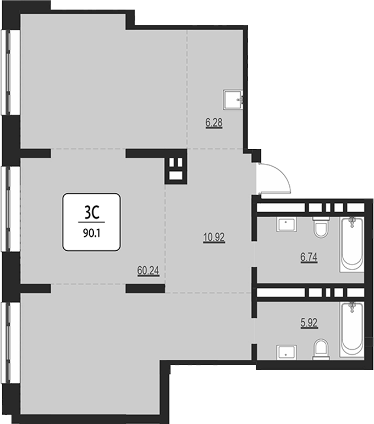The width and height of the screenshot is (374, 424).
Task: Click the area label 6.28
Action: pyautogui.click(x=214, y=123)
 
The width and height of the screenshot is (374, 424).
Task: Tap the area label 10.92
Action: pyautogui.click(x=214, y=238)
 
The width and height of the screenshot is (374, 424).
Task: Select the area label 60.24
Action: pyautogui.click(x=148, y=271)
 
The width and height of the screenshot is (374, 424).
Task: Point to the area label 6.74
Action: pyautogui.click(x=309, y=257)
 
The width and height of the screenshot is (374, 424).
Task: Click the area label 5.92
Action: pyautogui.click(x=309, y=323)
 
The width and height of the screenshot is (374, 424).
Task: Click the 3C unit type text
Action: pyautogui.click(x=92, y=212)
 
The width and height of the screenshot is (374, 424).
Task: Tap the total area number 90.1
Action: pyautogui.click(x=92, y=233)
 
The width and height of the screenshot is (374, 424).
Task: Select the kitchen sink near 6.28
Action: pyautogui.click(x=233, y=100)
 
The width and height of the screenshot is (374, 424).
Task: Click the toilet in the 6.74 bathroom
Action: pyautogui.click(x=321, y=228)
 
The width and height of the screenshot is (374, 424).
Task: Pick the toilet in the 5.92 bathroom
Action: pyautogui.click(x=321, y=349)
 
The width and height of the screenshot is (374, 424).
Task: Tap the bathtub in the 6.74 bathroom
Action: pyautogui.click(x=352, y=245)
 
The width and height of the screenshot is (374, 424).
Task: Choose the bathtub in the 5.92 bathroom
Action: pyautogui.click(x=352, y=330)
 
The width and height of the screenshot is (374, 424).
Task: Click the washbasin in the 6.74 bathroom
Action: pyautogui.click(x=287, y=224)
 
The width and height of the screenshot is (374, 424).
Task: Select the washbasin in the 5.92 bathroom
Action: pyautogui.click(x=287, y=353)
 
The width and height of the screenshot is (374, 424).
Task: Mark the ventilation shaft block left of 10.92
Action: pyautogui.click(x=176, y=167)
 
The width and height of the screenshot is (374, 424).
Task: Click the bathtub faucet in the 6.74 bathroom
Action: pyautogui.click(x=352, y=222)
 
